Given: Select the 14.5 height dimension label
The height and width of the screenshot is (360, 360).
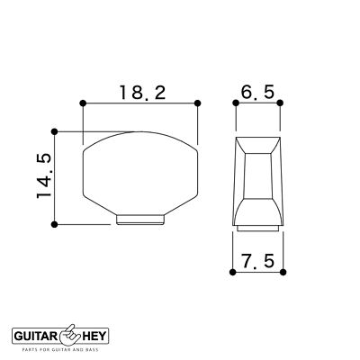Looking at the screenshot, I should click(41, 175).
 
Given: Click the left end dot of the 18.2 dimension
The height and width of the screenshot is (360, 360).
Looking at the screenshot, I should click(82, 103).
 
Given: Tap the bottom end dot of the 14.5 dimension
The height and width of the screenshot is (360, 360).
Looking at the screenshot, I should click(56, 222).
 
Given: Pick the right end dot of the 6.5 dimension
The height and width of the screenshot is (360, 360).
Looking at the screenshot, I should click(278, 103).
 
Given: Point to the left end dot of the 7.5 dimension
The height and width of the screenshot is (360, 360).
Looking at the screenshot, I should click(234, 272).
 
